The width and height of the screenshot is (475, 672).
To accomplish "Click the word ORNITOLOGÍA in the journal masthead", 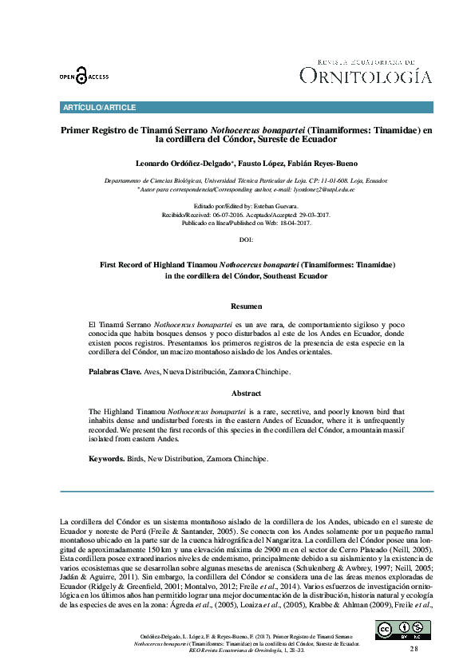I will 366,77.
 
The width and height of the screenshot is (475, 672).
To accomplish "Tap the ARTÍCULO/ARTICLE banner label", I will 99,108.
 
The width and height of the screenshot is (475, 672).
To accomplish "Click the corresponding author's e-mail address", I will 315,190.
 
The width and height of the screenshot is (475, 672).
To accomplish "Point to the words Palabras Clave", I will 114,372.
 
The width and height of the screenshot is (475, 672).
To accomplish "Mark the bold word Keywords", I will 106,459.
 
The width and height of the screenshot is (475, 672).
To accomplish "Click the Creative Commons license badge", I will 391,630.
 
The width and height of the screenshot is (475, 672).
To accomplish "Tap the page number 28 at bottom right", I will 414,650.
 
